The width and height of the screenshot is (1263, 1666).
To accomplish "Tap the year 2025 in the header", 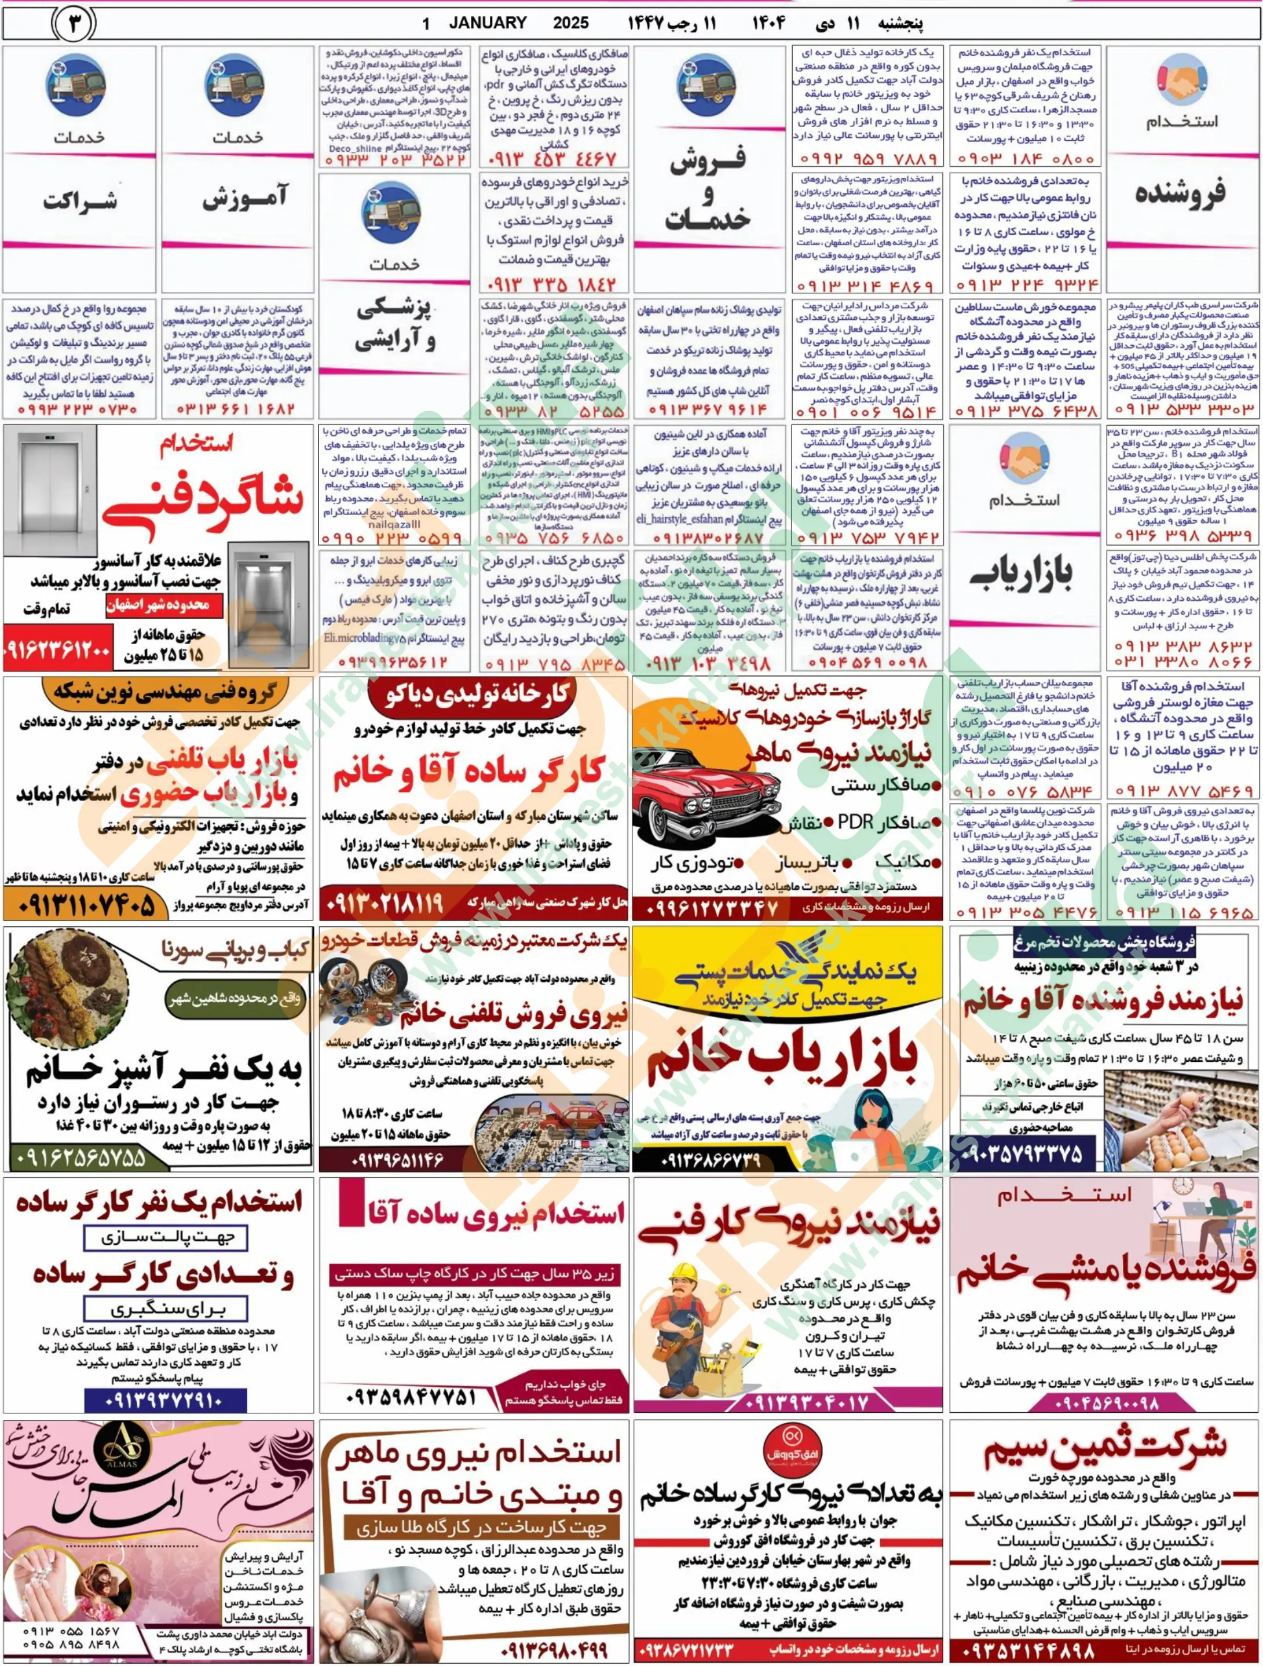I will click(x=571, y=23).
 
